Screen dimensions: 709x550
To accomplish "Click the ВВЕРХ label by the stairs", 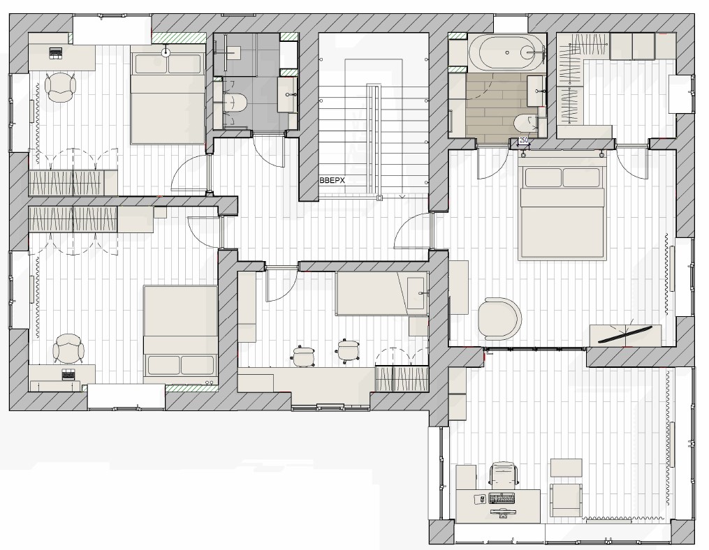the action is pos(332,180).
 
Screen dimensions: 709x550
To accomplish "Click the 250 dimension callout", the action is pos(523,140).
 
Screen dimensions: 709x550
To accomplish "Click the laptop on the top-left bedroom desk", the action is pos(56,52).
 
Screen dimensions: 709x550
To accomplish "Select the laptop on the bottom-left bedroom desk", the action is pos(68,374).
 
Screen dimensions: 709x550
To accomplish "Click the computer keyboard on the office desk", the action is pos(502,498).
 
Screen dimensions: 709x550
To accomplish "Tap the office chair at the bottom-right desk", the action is pos(503,475).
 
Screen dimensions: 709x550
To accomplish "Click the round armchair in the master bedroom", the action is pos(499,318).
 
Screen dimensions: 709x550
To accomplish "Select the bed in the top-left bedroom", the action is pos(168,98).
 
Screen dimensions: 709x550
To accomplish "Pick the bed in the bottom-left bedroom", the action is pos(180,330).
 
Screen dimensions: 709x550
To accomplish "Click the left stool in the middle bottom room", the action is pos(303,355).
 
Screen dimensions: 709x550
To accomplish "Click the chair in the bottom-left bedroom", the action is pos(68,348).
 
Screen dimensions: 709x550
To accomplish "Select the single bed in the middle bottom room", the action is pos(381,293).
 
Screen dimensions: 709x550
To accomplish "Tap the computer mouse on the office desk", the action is pos(482,498).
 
